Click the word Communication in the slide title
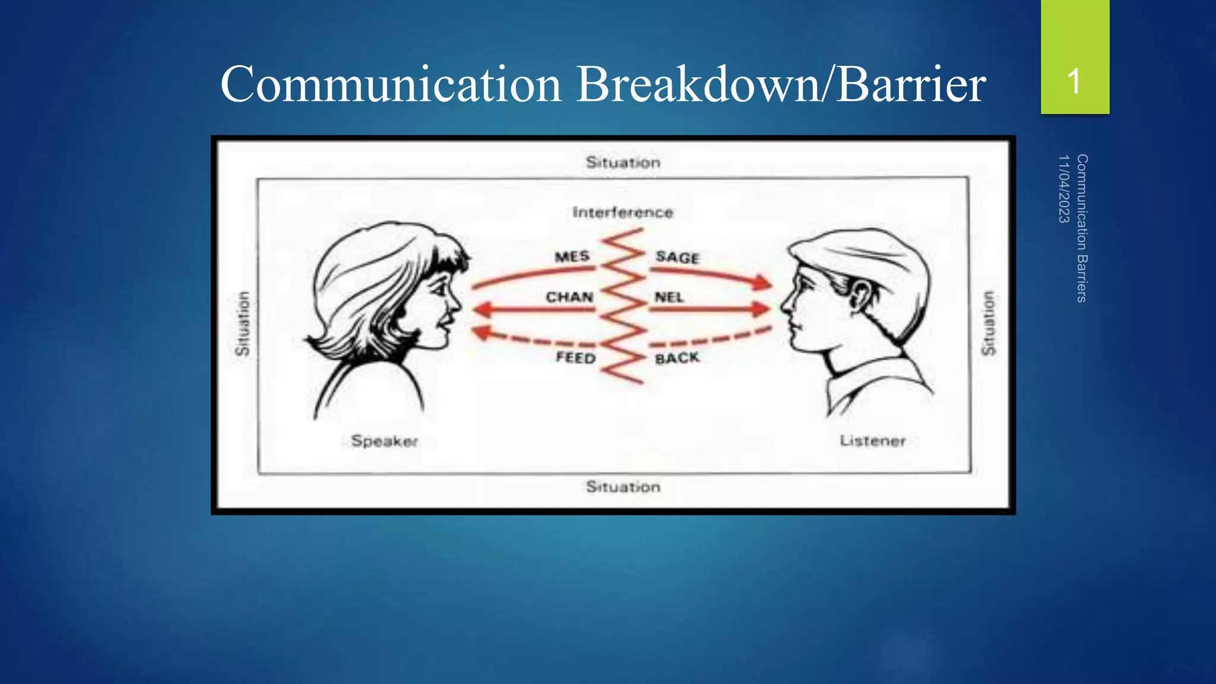coord(391,84)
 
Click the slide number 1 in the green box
coord(1073,81)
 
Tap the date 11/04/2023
coord(1063,189)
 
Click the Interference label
coord(623,213)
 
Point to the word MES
coord(572,256)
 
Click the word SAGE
coord(677,257)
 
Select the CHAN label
coord(569,297)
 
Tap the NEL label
coord(669,297)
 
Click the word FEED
coord(575,357)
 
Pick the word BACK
coord(677,358)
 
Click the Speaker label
coord(384,441)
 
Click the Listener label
coord(872,441)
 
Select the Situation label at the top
coord(623,162)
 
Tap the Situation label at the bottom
coord(623,487)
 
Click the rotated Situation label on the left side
coord(242,324)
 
